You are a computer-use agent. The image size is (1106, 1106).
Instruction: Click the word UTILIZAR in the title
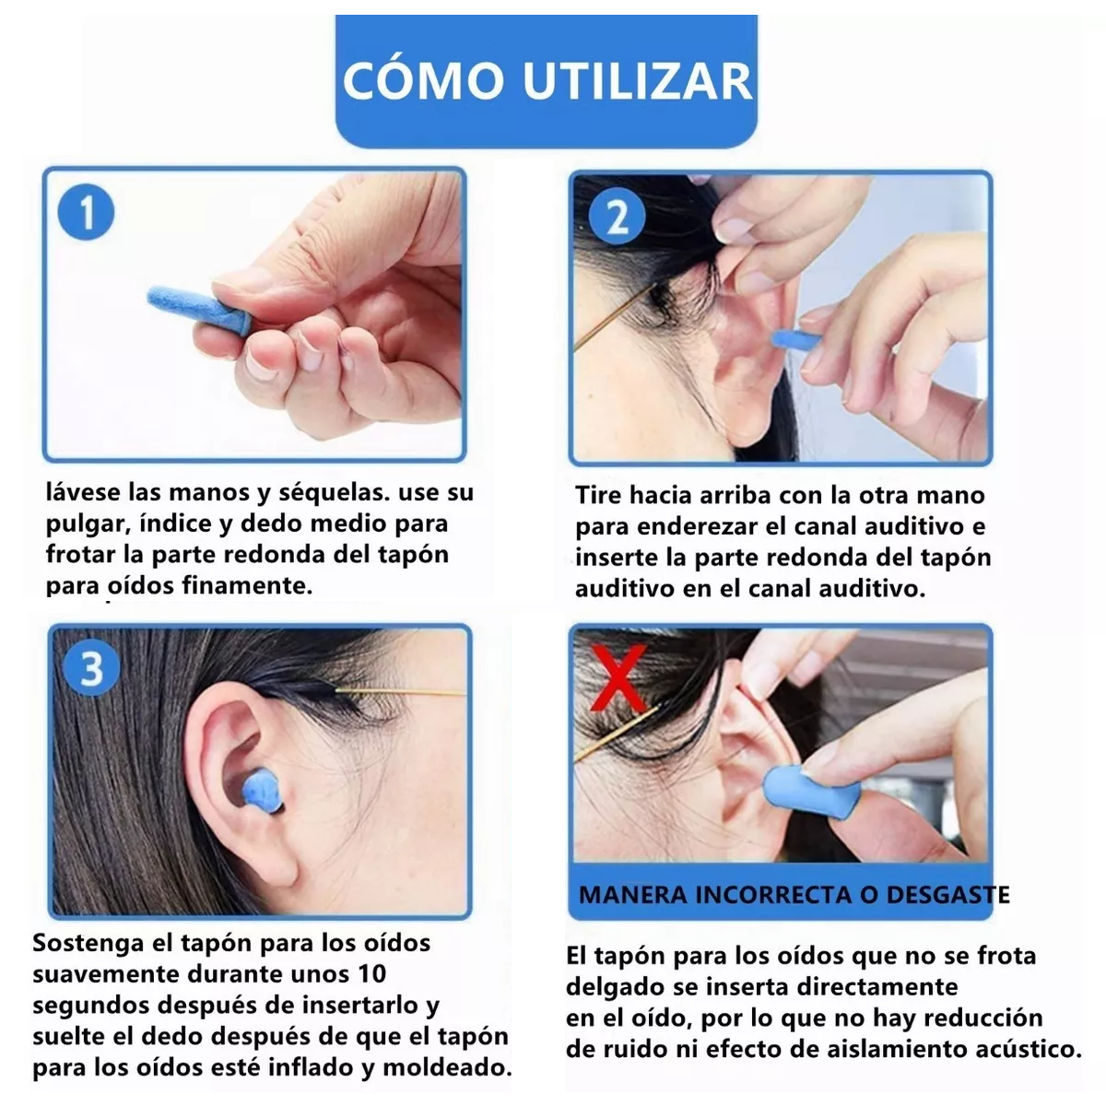639,80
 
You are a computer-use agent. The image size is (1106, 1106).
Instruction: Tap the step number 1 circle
86,214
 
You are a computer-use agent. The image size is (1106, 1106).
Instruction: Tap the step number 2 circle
618,218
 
